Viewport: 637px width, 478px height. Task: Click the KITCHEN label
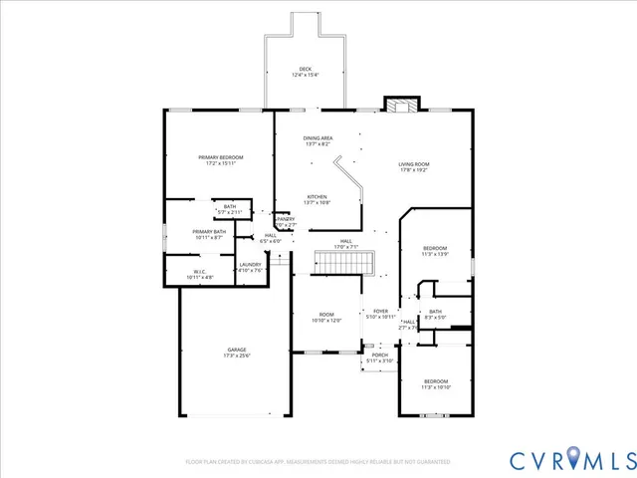click(x=318, y=199)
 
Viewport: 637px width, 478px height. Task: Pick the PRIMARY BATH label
click(x=210, y=234)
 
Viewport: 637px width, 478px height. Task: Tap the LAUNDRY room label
click(x=251, y=267)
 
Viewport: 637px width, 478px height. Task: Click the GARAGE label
click(x=237, y=352)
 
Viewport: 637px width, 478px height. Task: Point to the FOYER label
click(x=381, y=314)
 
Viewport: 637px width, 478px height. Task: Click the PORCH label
click(x=380, y=358)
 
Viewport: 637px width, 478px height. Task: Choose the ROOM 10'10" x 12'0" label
click(x=326, y=318)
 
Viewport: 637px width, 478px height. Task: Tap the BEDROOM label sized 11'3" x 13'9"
click(x=436, y=250)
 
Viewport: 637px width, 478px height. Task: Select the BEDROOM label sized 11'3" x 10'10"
click(x=436, y=383)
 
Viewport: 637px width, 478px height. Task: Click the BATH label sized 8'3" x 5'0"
click(x=436, y=314)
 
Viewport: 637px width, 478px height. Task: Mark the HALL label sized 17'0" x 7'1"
click(x=346, y=243)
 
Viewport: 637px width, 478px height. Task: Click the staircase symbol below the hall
click(x=344, y=262)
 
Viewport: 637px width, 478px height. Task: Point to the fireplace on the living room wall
click(x=401, y=106)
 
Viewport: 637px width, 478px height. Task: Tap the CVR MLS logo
click(x=571, y=459)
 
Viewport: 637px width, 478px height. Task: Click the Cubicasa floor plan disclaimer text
click(x=318, y=462)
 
